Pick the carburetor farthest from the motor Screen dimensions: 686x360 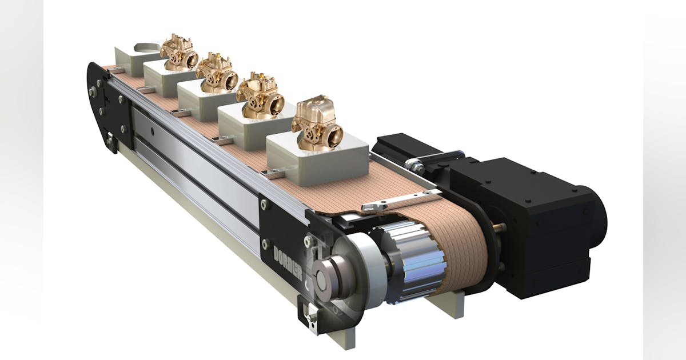coord(179,52)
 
